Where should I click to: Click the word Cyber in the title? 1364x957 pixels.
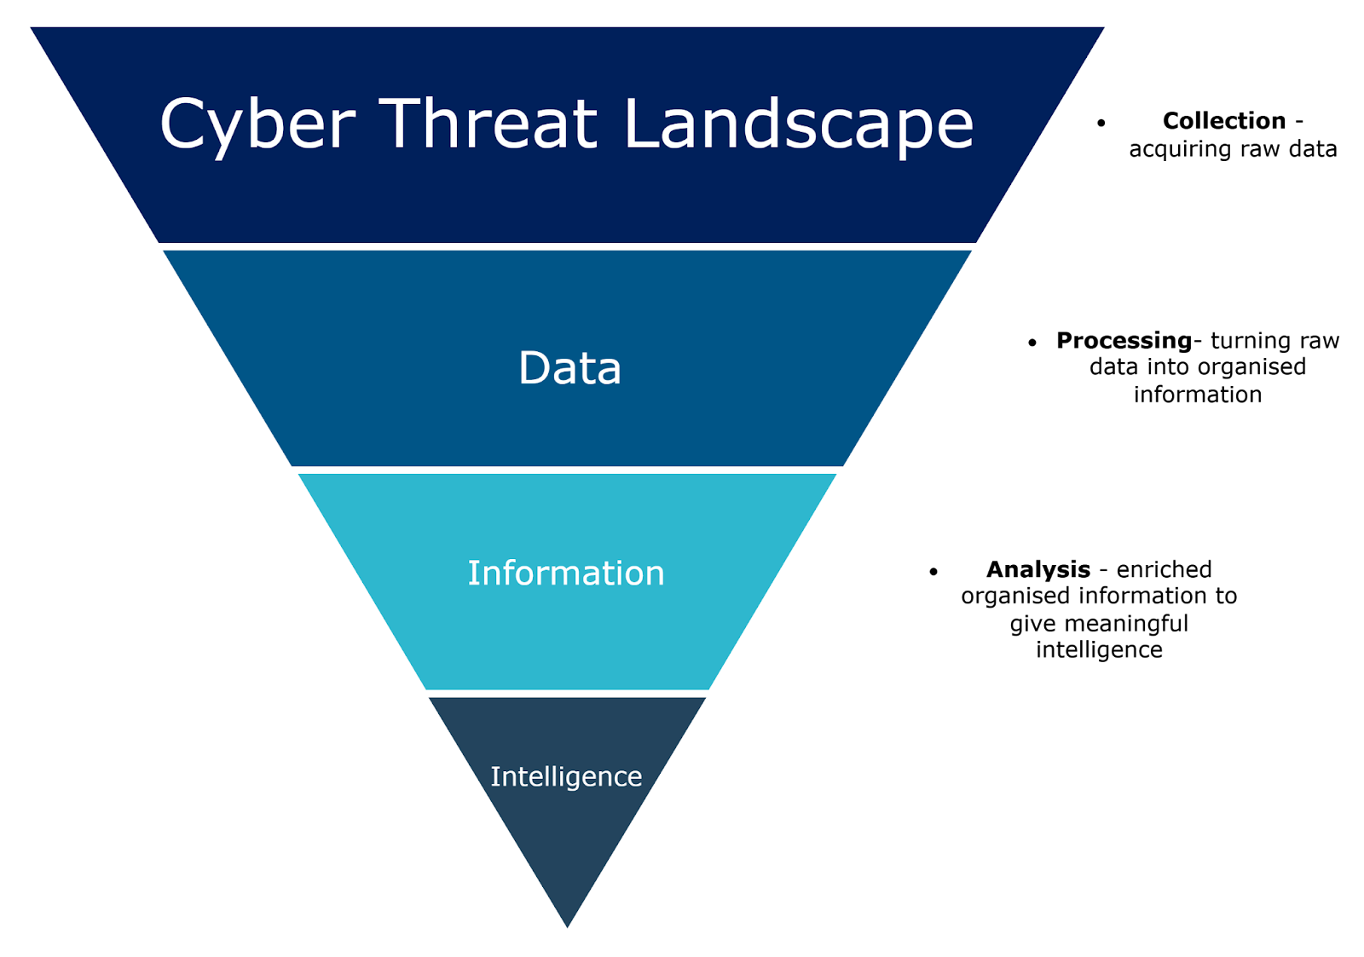point(257,124)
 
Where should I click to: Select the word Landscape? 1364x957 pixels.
point(798,124)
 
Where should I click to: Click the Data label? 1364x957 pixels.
point(569,368)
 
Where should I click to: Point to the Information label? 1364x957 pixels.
point(566,573)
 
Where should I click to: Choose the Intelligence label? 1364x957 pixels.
point(566,776)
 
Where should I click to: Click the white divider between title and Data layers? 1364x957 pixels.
point(567,246)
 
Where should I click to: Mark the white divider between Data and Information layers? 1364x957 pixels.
point(567,470)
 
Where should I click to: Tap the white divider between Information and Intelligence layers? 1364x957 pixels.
point(567,693)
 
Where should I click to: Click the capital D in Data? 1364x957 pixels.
point(535,368)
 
